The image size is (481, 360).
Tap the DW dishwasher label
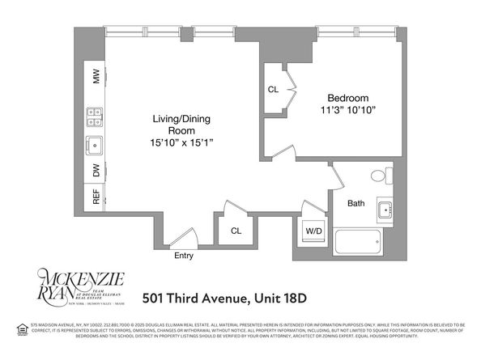click(x=96, y=171)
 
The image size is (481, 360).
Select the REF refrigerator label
click(x=96, y=197)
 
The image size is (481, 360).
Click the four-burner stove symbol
click(x=94, y=116)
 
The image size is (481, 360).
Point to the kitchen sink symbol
click(x=94, y=146)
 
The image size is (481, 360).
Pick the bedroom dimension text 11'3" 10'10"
click(x=347, y=108)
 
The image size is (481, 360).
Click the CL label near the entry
click(x=236, y=230)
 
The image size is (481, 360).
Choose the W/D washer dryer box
click(x=313, y=231)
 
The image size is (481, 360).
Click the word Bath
click(x=356, y=203)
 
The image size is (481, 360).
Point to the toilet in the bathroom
click(x=379, y=176)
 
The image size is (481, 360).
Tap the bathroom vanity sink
click(x=384, y=210)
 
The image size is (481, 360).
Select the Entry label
click(x=184, y=256)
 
